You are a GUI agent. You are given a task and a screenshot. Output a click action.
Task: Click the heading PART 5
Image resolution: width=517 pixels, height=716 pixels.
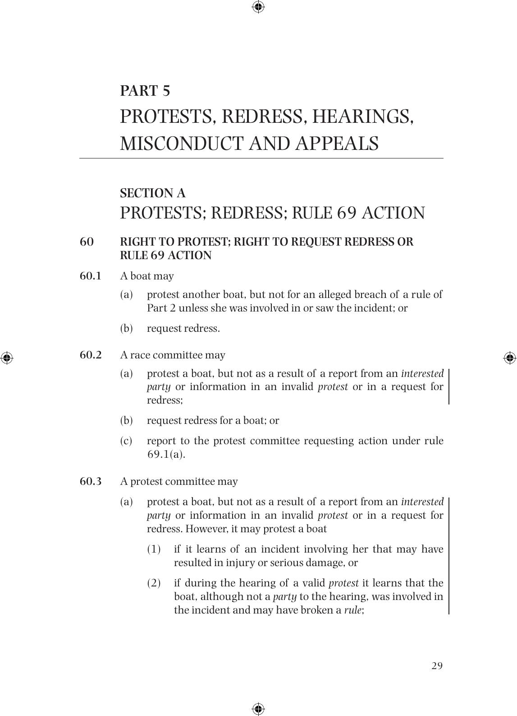(x=145, y=91)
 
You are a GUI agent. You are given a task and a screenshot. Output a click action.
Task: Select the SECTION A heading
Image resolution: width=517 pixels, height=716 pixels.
(x=153, y=193)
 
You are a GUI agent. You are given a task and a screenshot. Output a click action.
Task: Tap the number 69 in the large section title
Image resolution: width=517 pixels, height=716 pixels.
(x=347, y=213)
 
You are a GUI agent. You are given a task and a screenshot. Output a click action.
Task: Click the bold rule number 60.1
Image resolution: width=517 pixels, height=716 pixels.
(x=91, y=276)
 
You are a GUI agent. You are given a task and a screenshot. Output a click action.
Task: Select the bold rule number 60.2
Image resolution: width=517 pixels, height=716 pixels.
(x=91, y=355)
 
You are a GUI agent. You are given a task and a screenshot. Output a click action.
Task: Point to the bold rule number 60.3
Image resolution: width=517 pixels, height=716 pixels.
(x=91, y=481)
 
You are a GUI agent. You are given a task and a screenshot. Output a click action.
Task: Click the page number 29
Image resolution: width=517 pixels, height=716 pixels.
(x=437, y=666)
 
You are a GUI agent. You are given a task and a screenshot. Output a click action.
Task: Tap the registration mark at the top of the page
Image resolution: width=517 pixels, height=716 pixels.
(x=258, y=7)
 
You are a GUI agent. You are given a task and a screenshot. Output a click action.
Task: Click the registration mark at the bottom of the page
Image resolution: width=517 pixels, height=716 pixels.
(x=258, y=708)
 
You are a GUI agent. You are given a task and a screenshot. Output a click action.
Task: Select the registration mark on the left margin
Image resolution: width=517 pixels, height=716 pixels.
(x=7, y=358)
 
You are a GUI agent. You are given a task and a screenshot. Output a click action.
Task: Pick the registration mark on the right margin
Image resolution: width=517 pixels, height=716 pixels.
(x=510, y=358)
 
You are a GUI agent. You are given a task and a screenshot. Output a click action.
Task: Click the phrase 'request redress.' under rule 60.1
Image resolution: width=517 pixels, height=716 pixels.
(x=183, y=328)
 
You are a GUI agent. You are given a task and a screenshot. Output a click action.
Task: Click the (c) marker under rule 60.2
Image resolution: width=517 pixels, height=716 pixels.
(x=126, y=441)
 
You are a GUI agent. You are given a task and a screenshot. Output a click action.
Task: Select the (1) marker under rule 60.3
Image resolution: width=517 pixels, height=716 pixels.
(x=154, y=549)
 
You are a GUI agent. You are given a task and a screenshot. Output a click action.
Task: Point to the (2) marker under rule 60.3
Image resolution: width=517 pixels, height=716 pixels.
(x=154, y=583)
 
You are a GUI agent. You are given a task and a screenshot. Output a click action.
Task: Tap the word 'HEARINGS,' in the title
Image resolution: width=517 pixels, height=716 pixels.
(x=363, y=116)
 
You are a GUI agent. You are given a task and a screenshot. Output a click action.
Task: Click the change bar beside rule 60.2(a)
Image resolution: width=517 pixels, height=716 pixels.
(x=449, y=386)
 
